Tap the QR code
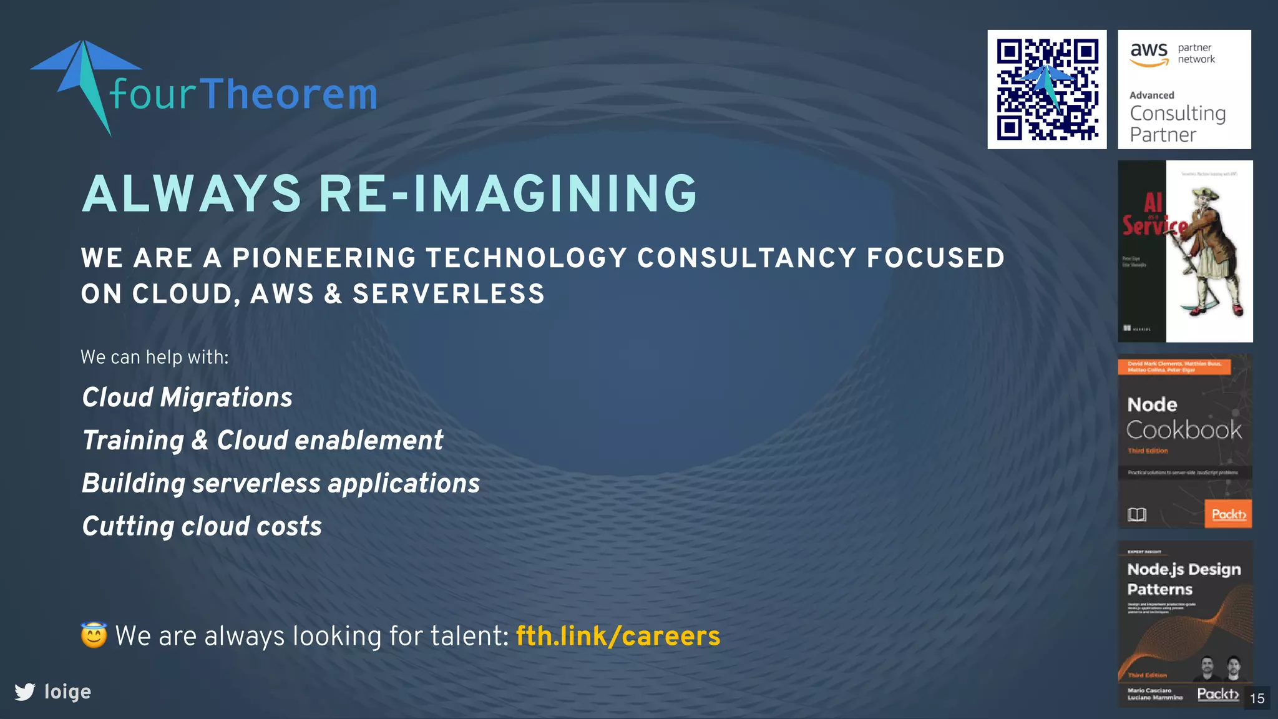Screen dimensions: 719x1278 click(x=1046, y=89)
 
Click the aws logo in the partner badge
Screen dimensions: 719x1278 click(x=1149, y=54)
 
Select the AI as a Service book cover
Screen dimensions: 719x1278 click(x=1184, y=251)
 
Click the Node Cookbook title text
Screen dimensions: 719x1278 click(x=1183, y=418)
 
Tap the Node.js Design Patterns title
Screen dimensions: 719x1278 click(x=1183, y=579)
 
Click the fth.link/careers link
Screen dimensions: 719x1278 click(x=618, y=636)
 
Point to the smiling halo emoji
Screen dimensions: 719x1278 click(x=94, y=635)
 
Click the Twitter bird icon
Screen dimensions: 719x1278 click(x=25, y=692)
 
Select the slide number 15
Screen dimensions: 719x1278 click(x=1257, y=698)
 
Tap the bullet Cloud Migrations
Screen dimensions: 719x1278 click(x=187, y=398)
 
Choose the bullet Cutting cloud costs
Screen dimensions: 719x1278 click(x=202, y=526)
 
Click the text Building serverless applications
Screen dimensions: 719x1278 click(x=281, y=483)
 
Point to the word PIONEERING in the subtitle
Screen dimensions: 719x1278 click(x=324, y=258)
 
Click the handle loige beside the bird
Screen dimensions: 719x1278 click(x=67, y=692)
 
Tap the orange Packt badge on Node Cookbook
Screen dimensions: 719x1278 click(x=1228, y=514)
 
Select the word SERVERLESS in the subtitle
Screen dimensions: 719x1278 click(x=449, y=294)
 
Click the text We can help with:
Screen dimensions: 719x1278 click(x=155, y=357)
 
